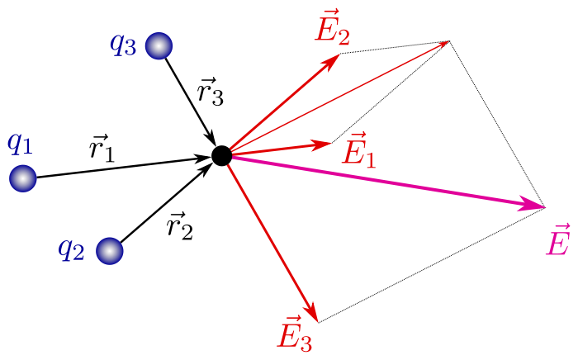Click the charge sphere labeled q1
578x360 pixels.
coord(23,178)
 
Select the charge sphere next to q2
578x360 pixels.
coord(110,251)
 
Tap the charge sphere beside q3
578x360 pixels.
coord(159,46)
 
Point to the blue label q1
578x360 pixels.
coord(20,143)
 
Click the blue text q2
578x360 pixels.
coord(71,248)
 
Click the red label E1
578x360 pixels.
coord(359,150)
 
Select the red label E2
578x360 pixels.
coord(332,29)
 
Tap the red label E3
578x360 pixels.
coord(295,334)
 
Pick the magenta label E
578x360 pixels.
coord(558,242)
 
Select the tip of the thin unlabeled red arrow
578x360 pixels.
coord(447,42)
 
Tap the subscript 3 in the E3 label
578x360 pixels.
coord(306,343)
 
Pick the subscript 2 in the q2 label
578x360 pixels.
coord(78,253)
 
